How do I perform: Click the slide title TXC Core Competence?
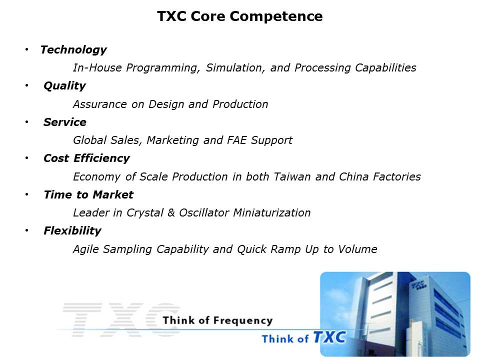tap(239, 16)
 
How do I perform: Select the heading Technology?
tap(73, 50)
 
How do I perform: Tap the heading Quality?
tap(64, 86)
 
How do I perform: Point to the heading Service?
tap(65, 122)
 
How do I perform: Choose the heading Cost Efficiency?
tap(86, 158)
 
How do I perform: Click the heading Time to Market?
tap(88, 194)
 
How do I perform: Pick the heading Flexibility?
tap(72, 231)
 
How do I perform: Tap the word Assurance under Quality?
tap(100, 104)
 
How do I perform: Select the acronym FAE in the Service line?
tap(236, 140)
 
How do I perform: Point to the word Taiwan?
tap(292, 176)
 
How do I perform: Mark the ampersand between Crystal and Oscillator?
tap(171, 213)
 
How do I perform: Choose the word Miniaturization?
tap(272, 213)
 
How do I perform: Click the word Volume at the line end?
tap(357, 249)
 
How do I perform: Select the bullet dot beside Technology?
tap(27, 49)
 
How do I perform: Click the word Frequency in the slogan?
tap(243, 321)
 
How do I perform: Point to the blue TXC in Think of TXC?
tap(329, 337)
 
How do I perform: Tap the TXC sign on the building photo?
tap(418, 284)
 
